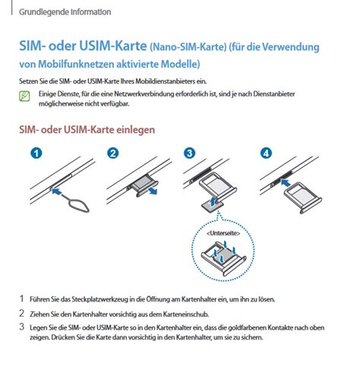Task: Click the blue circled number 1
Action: tap(36, 153)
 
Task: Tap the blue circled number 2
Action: tap(113, 153)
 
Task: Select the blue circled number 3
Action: tap(190, 153)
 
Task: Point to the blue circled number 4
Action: tap(267, 153)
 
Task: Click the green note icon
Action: tap(24, 96)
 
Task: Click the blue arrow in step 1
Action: tap(56, 191)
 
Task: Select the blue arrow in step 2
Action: tap(153, 191)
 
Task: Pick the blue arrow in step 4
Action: tap(286, 183)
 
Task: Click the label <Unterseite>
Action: tap(223, 233)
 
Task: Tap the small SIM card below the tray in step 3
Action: tap(211, 206)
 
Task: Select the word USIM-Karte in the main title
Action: tap(113, 46)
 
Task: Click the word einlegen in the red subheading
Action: tap(136, 130)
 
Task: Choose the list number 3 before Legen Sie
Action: tap(22, 327)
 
